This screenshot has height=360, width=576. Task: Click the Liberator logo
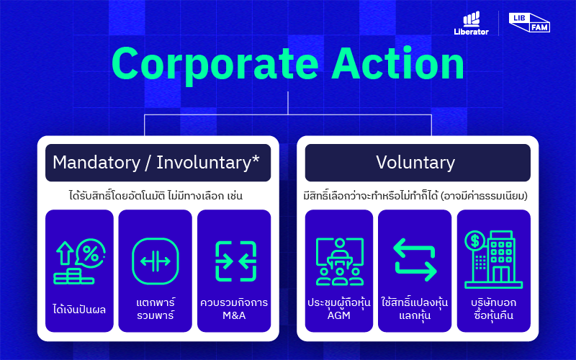472,23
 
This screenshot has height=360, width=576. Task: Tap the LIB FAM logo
529,23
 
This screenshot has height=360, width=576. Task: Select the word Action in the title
398,63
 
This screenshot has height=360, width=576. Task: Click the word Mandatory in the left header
96,163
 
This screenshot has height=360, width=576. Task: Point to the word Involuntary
204,163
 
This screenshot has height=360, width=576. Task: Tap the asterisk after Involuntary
256,158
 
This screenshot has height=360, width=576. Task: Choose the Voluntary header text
415,163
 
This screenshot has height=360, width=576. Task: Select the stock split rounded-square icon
156,261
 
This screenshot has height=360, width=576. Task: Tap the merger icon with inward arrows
236,261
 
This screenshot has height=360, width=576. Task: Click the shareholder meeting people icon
340,261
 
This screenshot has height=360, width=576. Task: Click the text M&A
234,315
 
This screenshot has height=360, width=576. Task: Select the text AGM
338,315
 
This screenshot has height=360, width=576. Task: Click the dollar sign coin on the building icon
474,241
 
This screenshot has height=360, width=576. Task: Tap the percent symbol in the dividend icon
91,253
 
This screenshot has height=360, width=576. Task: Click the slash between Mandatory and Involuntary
148,163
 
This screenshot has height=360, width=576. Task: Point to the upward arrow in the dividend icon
65,253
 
